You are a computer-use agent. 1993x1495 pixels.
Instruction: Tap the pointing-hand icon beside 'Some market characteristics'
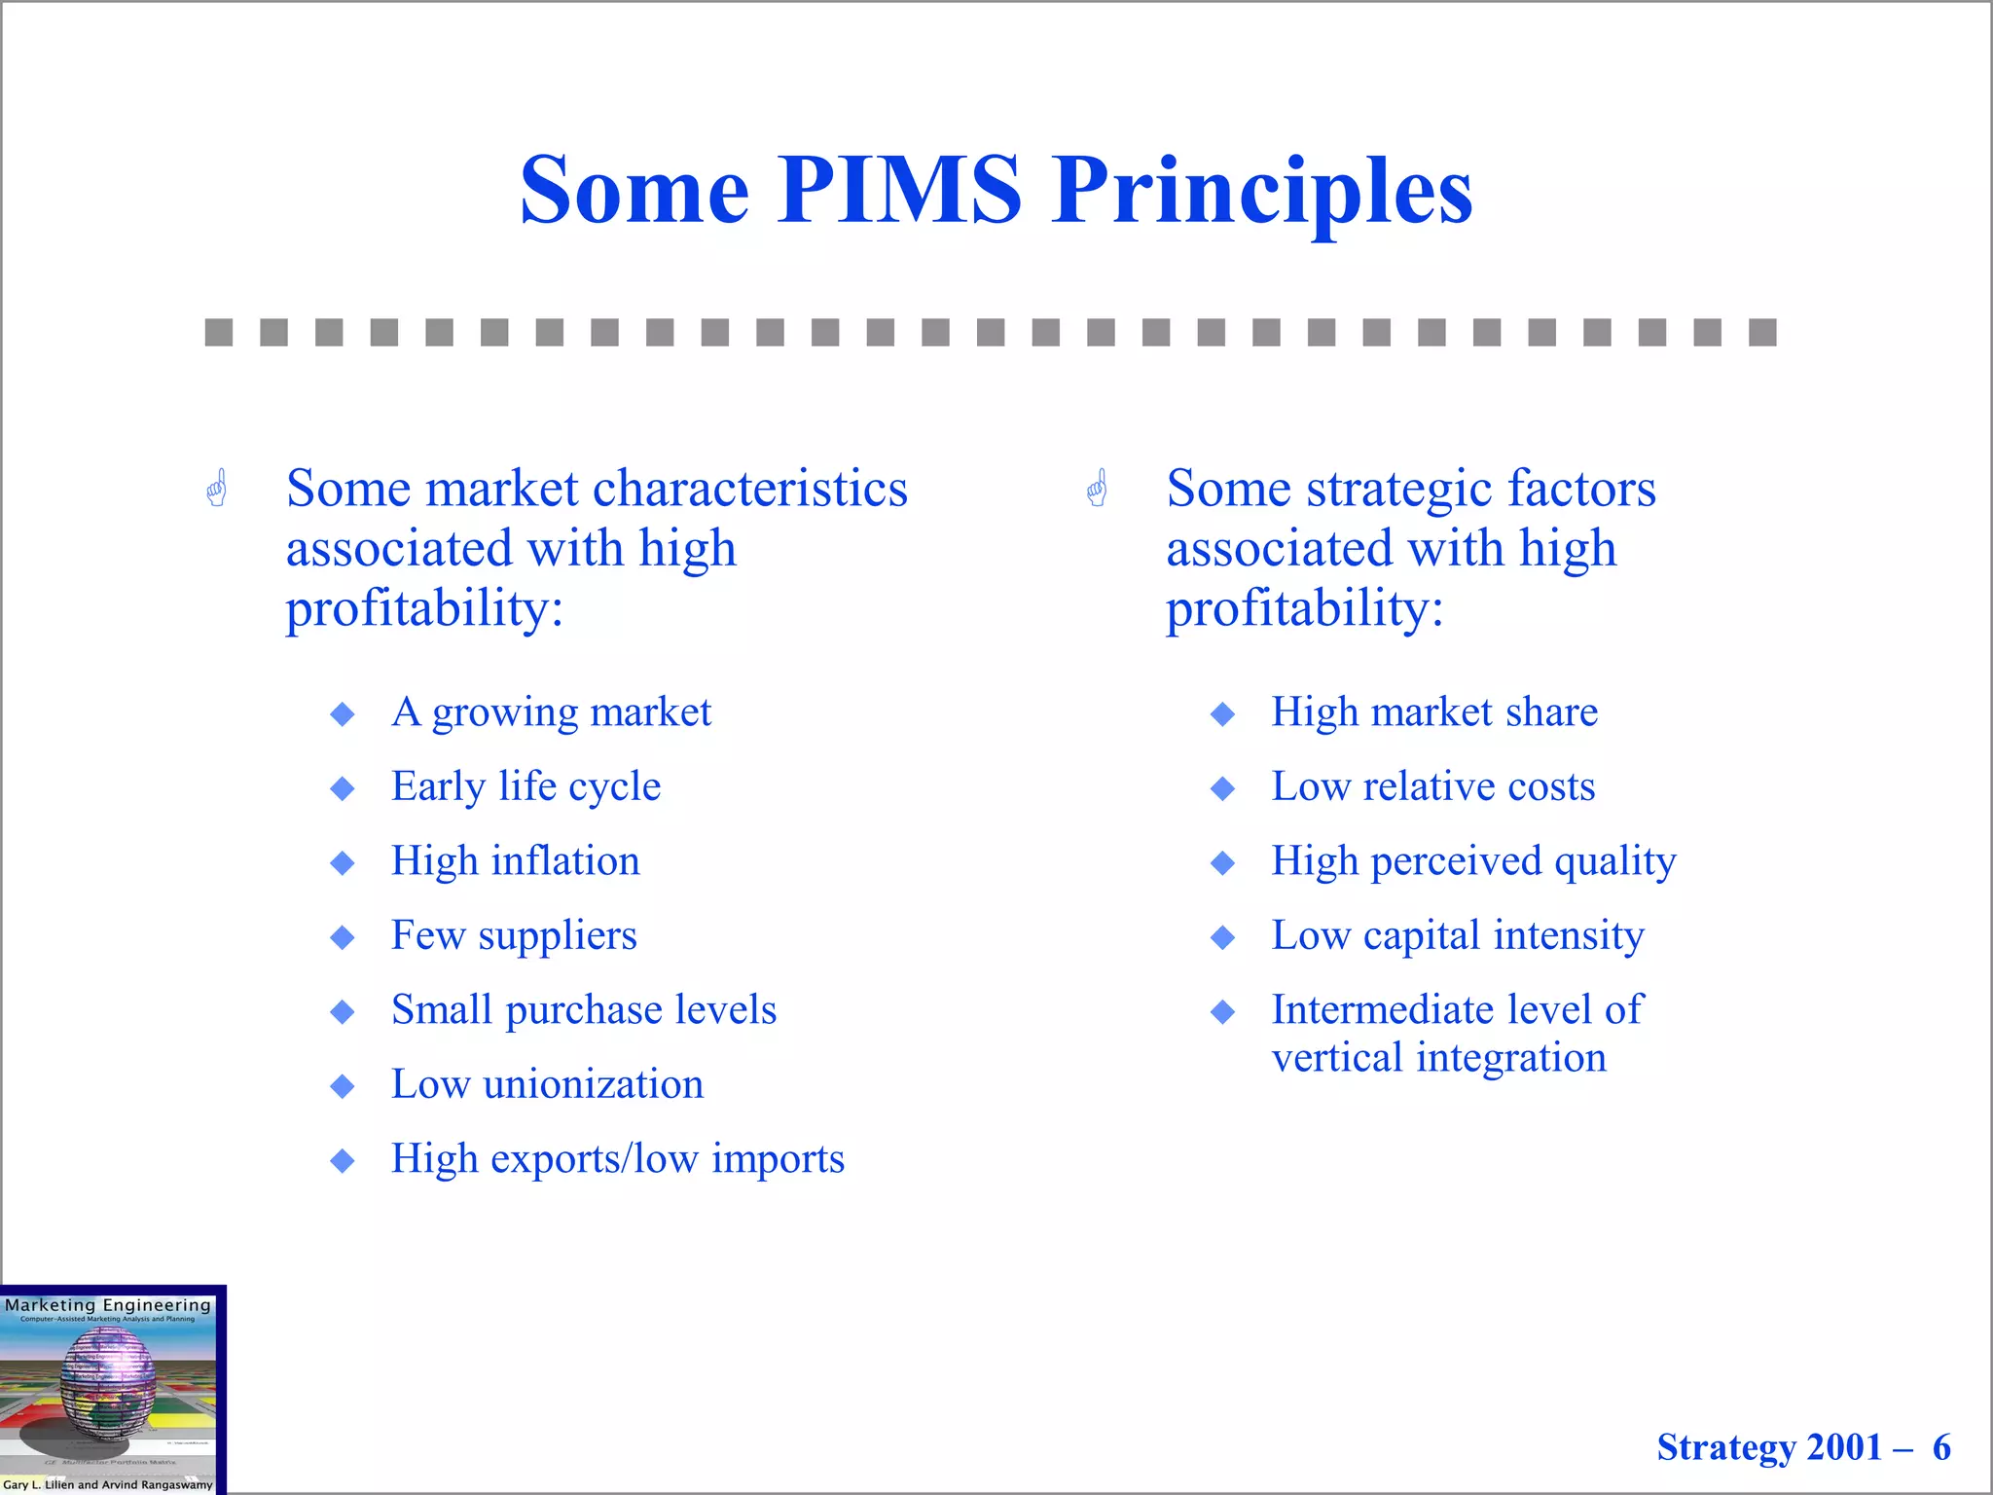(x=217, y=489)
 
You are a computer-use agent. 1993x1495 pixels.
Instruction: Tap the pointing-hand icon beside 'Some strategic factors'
(x=1098, y=489)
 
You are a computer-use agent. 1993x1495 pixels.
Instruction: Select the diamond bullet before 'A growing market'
(x=343, y=714)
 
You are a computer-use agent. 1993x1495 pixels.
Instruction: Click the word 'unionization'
(x=593, y=1084)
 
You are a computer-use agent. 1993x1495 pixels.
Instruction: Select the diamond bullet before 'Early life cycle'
(x=343, y=788)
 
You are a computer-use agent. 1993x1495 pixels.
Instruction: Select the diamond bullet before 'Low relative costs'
(x=1223, y=788)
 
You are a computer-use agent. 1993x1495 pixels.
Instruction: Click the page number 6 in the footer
(x=1941, y=1447)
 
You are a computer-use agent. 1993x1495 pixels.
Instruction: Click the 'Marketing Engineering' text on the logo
(x=108, y=1305)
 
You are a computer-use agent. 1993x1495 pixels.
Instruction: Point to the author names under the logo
(x=108, y=1484)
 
